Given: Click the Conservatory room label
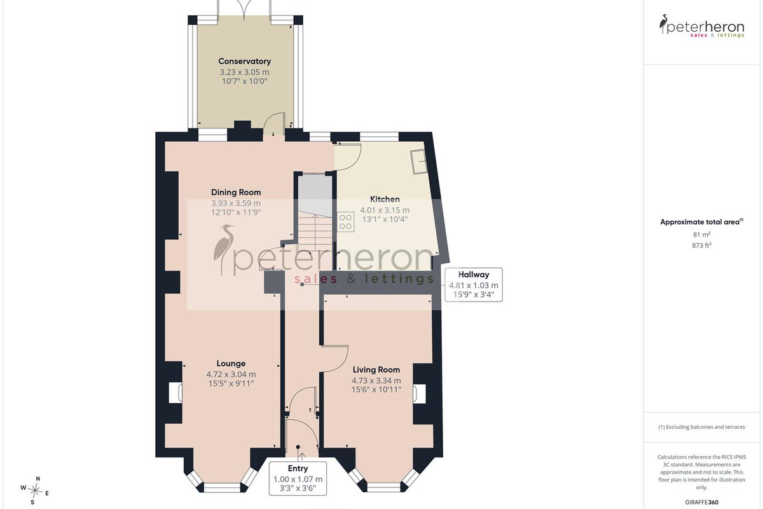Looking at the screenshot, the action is click(245, 61).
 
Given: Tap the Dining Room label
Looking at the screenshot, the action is click(236, 192).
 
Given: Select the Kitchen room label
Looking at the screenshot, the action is click(385, 199).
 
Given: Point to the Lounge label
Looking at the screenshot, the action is click(231, 363).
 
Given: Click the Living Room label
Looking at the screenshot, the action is click(376, 370).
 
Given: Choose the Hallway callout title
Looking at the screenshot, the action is click(474, 274).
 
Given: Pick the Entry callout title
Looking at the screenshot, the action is click(298, 468).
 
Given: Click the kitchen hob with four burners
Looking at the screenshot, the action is click(346, 222).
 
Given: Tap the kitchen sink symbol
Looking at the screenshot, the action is click(419, 162).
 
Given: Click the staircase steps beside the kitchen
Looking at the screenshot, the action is click(315, 231).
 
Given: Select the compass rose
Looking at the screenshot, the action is click(35, 491).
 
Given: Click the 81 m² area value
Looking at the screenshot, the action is click(701, 235).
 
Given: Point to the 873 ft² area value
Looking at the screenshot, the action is click(702, 245).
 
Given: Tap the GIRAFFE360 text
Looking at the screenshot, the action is click(701, 502).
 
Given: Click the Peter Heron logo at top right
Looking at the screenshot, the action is click(701, 26).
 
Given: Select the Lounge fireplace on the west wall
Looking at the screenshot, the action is click(175, 393).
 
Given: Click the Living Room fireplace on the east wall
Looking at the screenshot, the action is click(419, 394).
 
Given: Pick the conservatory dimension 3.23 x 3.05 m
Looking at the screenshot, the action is click(244, 73).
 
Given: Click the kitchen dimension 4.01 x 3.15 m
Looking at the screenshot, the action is click(385, 211).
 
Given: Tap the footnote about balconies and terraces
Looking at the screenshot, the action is click(701, 427).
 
